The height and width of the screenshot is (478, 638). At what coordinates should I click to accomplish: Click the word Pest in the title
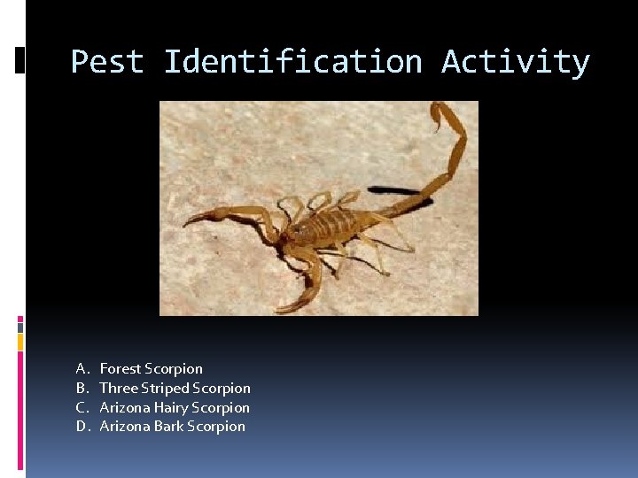[107, 62]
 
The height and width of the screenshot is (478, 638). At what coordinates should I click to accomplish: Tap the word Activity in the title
[515, 62]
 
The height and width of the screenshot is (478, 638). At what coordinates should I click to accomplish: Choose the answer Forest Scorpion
[151, 368]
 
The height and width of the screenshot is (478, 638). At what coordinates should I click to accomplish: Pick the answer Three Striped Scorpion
[175, 388]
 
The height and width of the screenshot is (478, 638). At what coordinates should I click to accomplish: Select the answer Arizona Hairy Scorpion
[175, 407]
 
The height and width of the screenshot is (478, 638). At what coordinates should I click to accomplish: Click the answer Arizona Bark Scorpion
[172, 427]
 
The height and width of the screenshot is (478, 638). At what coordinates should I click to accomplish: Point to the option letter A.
[81, 368]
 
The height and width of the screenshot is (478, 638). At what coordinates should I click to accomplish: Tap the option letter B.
[81, 388]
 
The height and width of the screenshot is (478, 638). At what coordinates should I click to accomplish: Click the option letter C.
[81, 407]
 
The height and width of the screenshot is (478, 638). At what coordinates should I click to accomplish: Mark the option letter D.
[81, 427]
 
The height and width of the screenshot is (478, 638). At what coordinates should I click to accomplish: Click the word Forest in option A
[121, 368]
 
